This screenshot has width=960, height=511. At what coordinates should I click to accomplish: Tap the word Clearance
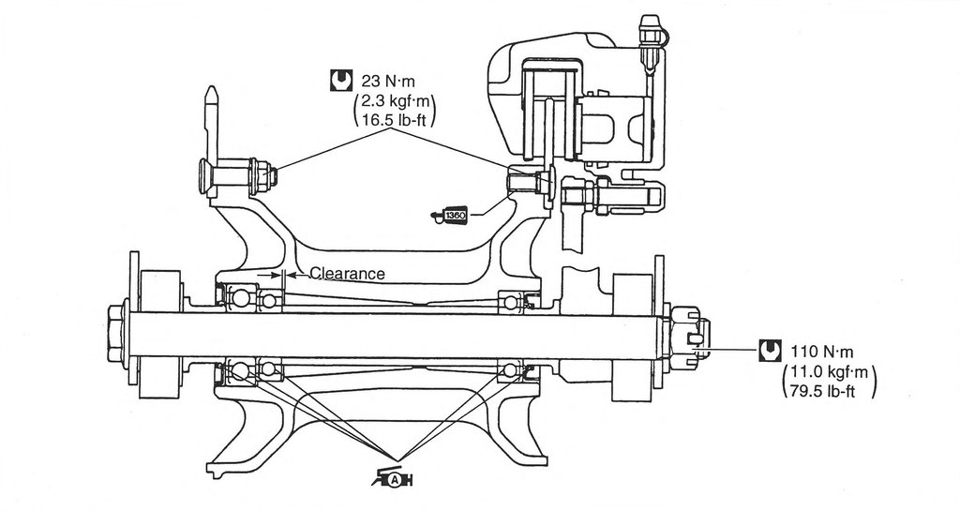click(x=348, y=274)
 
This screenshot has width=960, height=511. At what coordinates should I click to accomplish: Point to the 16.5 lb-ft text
click(x=395, y=117)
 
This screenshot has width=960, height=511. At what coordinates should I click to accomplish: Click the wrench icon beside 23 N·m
click(x=340, y=81)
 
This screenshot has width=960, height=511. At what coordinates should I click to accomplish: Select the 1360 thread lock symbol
click(x=449, y=216)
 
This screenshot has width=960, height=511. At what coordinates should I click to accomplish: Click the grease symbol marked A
click(x=393, y=478)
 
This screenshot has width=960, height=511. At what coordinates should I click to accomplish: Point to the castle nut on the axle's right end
click(x=685, y=338)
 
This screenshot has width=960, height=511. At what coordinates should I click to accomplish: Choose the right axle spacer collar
click(x=633, y=338)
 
